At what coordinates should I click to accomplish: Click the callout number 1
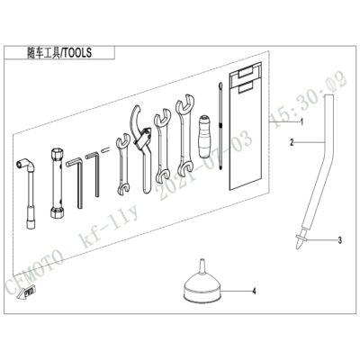[x=301, y=122]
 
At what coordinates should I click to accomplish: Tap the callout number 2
[x=292, y=142]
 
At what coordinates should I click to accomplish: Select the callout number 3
[x=339, y=240]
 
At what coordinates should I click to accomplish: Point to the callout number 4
[x=254, y=291]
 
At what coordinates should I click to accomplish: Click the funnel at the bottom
[x=202, y=285]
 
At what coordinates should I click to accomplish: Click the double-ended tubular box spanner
[x=57, y=183]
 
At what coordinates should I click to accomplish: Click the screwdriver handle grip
[x=205, y=136]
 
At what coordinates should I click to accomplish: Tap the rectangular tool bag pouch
[x=246, y=127]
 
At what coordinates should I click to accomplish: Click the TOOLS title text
[x=76, y=53]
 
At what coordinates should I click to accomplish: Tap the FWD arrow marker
[x=26, y=292]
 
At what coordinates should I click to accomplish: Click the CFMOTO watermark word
[x=34, y=271]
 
